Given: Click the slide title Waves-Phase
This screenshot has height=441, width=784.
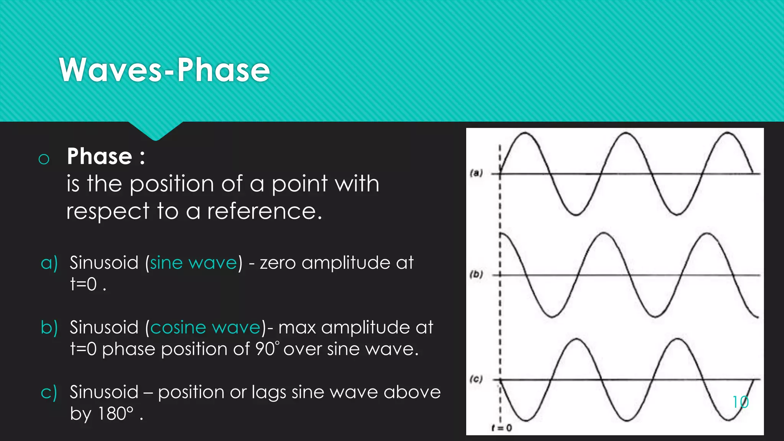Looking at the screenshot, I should [165, 70].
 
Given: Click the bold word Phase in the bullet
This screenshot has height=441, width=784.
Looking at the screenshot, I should [100, 157].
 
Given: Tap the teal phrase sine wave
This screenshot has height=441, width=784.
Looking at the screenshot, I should [193, 263].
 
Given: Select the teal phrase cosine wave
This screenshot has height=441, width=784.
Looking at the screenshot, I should [205, 328].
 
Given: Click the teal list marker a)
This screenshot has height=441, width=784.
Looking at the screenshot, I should [49, 263].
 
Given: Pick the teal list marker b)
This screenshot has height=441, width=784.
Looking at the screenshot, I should [49, 328].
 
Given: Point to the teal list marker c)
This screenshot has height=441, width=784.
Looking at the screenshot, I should [49, 392].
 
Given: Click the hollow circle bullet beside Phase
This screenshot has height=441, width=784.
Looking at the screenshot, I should [44, 159].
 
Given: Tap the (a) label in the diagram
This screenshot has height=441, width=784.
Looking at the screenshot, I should [476, 173].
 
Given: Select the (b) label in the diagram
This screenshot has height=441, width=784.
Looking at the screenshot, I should [476, 274].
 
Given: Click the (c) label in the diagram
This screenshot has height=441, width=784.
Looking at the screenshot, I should [476, 379].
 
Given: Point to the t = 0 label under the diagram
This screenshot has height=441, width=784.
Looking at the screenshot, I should [501, 428].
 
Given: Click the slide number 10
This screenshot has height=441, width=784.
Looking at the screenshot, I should [740, 402].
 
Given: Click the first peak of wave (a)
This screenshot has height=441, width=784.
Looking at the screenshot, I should [524, 133].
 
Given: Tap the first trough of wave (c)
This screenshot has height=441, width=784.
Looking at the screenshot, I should [525, 420].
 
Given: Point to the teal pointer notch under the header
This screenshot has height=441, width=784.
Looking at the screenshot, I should [155, 132].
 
